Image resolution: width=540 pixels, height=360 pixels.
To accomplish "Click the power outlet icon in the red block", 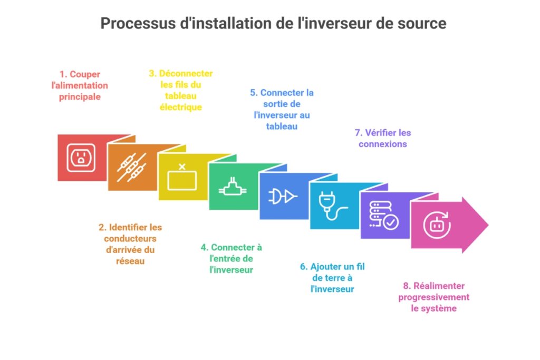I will (81, 157).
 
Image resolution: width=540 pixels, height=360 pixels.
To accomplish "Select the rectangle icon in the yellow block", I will (182, 179).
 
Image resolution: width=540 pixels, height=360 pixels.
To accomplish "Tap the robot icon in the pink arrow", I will (437, 226).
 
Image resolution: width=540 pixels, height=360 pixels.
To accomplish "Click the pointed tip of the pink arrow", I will (488, 225).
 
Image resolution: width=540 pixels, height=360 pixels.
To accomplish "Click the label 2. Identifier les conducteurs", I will (130, 244).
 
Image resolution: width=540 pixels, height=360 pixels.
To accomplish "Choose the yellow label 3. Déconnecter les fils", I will (181, 90).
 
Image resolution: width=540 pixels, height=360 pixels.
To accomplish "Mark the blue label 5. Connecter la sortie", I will (282, 109).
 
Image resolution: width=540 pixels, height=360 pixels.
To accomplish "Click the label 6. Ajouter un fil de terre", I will (332, 278).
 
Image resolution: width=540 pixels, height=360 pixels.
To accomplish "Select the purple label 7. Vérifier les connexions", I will (383, 138).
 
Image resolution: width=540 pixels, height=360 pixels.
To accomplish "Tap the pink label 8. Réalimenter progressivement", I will (433, 297).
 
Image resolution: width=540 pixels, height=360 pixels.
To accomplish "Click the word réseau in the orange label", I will (130, 261).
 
